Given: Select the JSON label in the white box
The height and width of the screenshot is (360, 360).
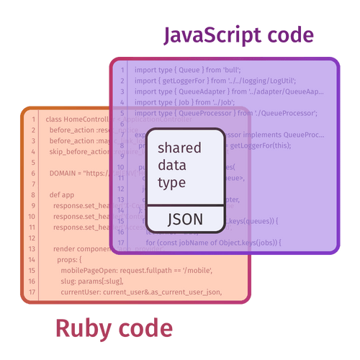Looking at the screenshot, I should point(184,219).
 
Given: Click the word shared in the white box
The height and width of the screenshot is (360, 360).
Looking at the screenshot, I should point(179,148).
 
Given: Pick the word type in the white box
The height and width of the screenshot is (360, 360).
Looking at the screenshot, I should point(171,182).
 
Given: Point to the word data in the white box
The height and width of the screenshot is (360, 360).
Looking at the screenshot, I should point(172,166).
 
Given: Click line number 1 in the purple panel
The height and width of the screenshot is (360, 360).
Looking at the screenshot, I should point(122,71).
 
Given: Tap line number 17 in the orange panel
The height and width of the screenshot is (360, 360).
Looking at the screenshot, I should point(33,292).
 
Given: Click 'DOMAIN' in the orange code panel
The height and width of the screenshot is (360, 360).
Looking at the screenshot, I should point(65,173).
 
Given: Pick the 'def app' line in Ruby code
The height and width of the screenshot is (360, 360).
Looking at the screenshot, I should point(62,194).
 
